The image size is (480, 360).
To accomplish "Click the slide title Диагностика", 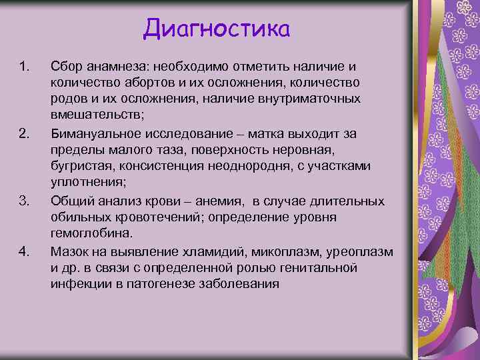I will pyautogui.click(x=217, y=29).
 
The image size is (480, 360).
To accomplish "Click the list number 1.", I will pyautogui.click(x=24, y=66).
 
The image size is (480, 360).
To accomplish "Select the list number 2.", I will pyautogui.click(x=24, y=134).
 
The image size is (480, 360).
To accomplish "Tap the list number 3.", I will pyautogui.click(x=24, y=201).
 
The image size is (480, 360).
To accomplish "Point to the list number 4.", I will pyautogui.click(x=24, y=251).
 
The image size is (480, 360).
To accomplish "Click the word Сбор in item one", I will pyautogui.click(x=65, y=66).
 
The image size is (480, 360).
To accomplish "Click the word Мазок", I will pyautogui.click(x=69, y=251).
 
